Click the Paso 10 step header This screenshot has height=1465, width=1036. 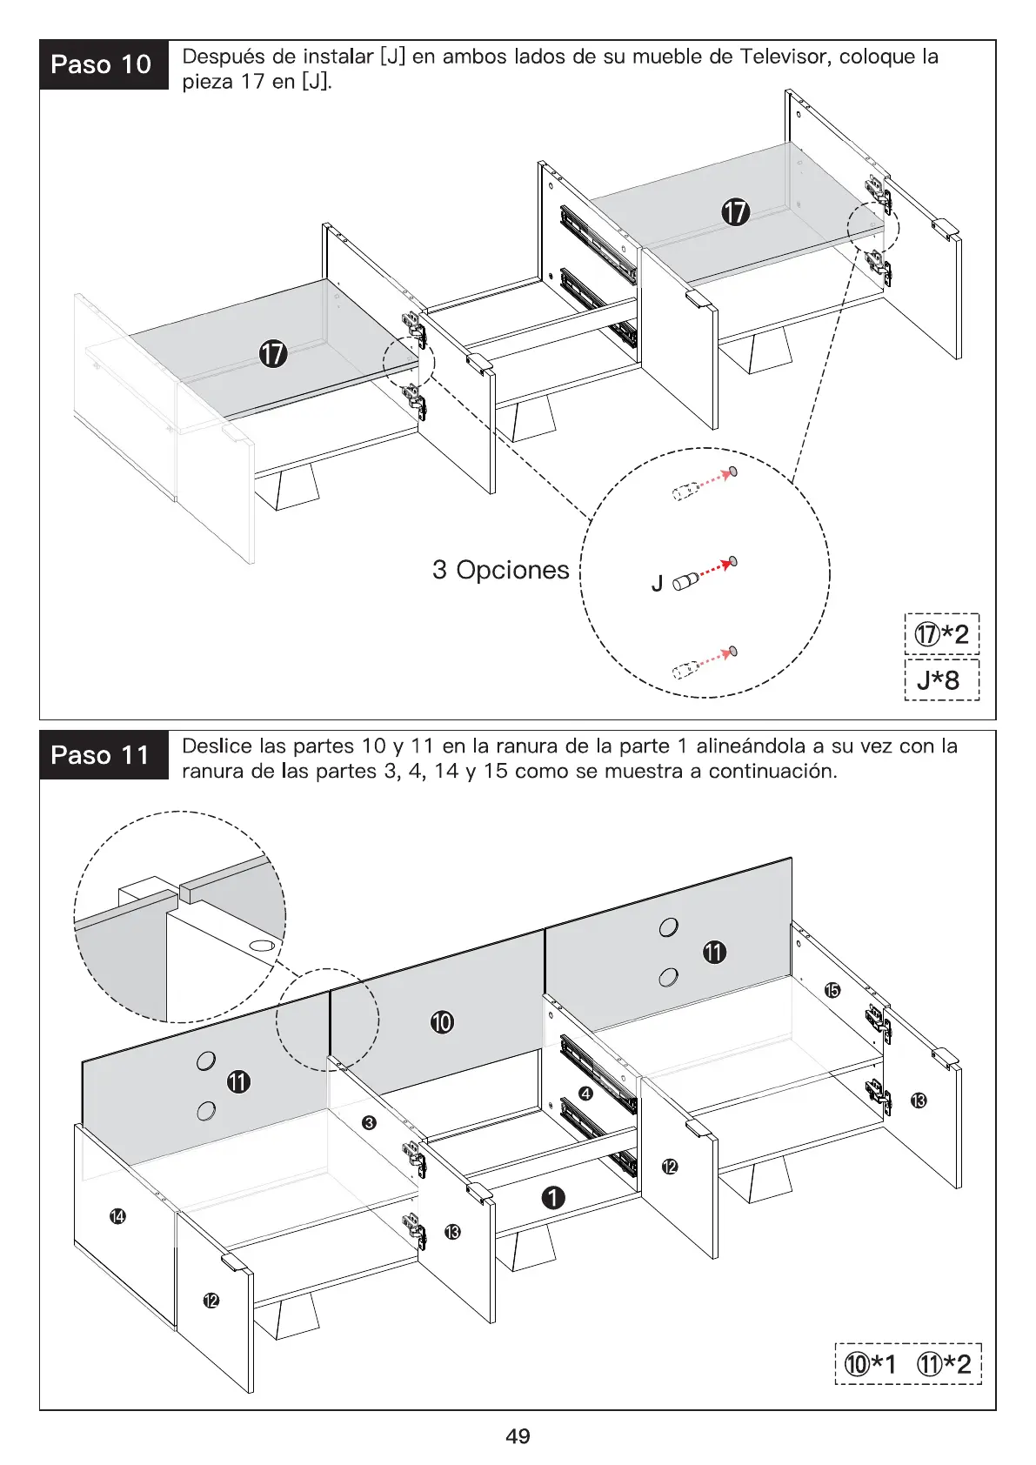103,64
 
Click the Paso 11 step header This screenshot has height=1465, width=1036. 103,754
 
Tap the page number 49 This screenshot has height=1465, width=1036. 518,1436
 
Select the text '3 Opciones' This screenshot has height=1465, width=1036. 500,570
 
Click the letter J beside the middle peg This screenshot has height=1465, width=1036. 658,584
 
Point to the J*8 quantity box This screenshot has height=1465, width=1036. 941,679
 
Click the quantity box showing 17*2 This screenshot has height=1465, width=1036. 941,634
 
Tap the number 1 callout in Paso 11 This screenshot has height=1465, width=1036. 553,1198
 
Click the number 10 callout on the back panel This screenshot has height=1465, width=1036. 442,1021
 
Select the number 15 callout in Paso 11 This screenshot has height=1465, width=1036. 832,990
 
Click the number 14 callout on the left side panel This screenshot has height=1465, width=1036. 117,1215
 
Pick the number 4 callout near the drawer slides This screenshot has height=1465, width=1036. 585,1094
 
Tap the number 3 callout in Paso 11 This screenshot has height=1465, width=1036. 369,1123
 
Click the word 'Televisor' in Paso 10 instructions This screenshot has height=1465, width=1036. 785,57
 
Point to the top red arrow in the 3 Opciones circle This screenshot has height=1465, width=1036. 714,478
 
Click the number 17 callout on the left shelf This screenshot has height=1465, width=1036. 273,354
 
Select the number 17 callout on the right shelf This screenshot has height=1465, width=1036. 735,211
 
